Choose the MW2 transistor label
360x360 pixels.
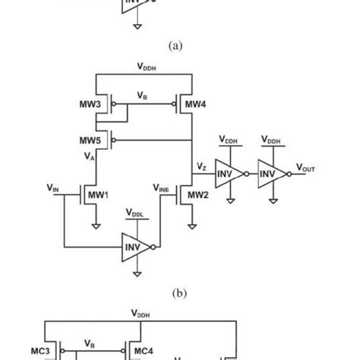(x=198, y=195)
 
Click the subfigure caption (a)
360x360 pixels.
(x=175, y=46)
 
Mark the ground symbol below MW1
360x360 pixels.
(x=96, y=225)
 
